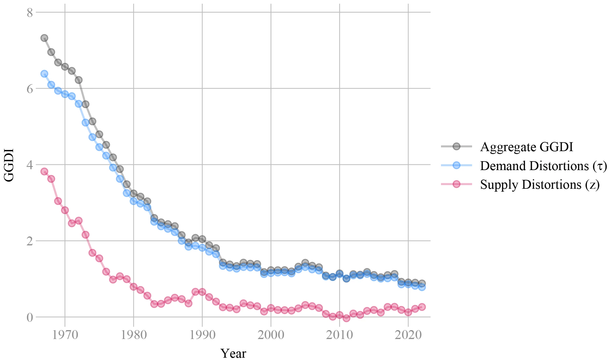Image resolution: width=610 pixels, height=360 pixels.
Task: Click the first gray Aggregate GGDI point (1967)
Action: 44,38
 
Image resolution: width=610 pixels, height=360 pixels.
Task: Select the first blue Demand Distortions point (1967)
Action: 44,74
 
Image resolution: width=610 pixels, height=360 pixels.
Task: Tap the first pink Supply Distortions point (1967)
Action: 44,171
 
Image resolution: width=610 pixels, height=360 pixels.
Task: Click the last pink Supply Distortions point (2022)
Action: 422,307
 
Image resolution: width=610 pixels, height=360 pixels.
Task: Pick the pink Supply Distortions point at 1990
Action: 202,292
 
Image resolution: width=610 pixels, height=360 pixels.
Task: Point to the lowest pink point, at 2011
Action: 346,318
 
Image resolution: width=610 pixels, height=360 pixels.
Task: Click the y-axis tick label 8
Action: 30,13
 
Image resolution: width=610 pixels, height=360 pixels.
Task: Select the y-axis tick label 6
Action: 30,89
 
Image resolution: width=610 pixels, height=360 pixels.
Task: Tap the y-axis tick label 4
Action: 30,165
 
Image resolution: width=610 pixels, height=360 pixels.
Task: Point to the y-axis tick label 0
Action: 30,317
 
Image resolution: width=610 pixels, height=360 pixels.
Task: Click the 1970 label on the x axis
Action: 65,335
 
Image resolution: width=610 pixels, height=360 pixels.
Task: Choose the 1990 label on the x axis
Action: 202,335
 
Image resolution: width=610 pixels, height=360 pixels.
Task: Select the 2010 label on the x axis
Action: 339,335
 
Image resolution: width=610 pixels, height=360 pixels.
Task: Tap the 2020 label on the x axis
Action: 408,335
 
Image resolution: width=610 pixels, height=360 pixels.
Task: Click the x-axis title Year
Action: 233,353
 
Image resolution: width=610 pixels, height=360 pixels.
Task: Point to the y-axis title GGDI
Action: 9,165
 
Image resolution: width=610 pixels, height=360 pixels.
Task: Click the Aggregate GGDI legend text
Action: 526,147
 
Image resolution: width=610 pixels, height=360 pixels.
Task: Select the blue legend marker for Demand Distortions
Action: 457,166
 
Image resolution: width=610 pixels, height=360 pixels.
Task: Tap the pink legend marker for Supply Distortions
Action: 457,184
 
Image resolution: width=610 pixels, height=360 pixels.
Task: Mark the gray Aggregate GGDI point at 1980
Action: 134,194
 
